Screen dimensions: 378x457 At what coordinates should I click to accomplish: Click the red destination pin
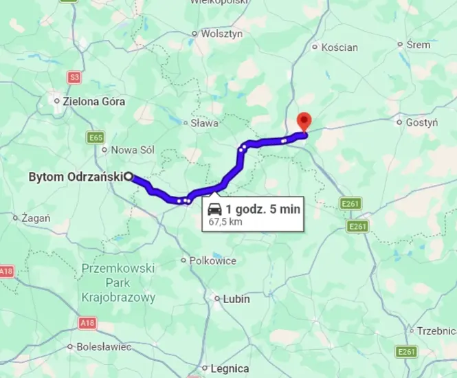[x=303, y=121]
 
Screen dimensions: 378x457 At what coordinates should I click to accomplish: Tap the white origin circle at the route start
[x=129, y=177]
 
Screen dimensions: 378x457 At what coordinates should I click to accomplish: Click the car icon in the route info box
[x=214, y=210]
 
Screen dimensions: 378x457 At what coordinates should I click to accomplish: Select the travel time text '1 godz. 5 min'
[x=263, y=209]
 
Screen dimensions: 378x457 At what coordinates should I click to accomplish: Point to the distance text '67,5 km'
[x=226, y=221]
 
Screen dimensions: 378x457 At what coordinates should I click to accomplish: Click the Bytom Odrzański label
[x=76, y=177]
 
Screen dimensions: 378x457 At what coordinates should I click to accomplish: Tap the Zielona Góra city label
[x=93, y=101]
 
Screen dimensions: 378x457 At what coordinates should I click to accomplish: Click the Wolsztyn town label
[x=224, y=32]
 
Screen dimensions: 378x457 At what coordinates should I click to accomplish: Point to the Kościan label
[x=339, y=47]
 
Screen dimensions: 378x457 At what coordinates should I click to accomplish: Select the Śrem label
[x=418, y=45]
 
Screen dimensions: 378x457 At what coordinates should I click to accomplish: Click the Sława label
[x=205, y=123]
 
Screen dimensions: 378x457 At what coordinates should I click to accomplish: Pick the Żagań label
[x=36, y=218]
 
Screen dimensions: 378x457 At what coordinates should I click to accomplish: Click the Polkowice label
[x=213, y=260]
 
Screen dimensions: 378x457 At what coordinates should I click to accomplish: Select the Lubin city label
[x=236, y=299]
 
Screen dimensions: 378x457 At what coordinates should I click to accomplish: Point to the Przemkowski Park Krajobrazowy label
[x=118, y=282]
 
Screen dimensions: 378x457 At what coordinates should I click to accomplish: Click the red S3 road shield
[x=74, y=77]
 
